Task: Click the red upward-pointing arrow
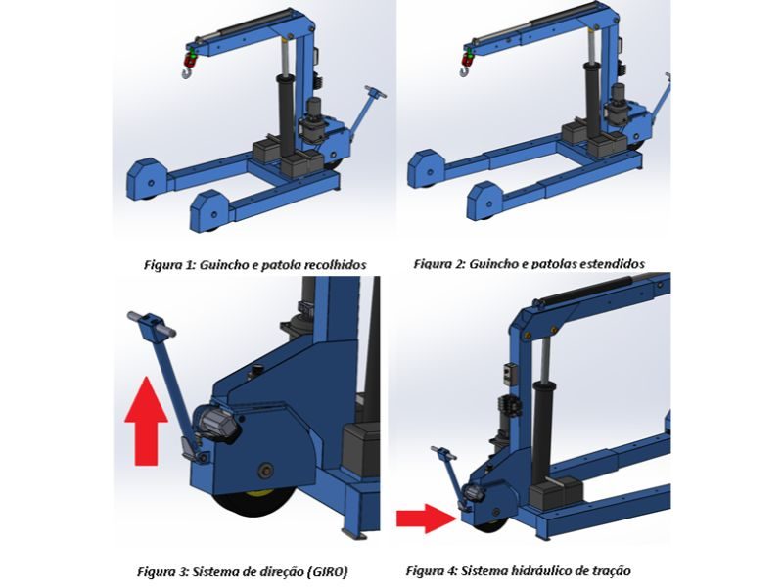(146, 422)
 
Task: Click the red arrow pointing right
(426, 519)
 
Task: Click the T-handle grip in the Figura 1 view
(376, 92)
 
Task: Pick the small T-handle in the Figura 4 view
(443, 453)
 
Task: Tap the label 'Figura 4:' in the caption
(431, 570)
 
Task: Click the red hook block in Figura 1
(190, 60)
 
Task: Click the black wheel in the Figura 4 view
(491, 525)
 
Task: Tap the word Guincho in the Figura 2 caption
(493, 263)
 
